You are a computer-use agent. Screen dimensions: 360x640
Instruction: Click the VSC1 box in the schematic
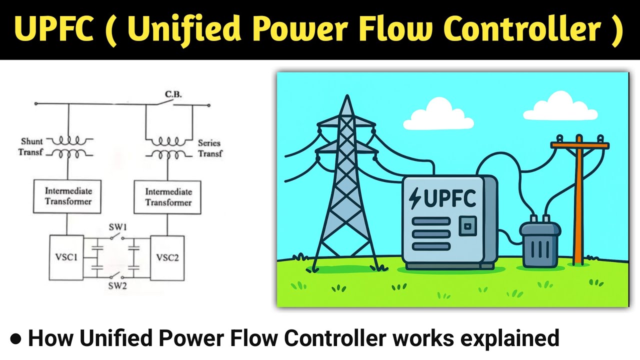point(66,257)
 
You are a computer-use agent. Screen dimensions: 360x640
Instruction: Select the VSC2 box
point(167,257)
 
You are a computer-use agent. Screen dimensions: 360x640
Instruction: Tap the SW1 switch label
point(118,227)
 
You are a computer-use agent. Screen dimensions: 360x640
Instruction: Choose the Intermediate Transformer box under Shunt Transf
point(68,196)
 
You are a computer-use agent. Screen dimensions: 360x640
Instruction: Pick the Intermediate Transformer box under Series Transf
point(168,197)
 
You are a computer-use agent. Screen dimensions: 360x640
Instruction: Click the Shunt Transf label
point(32,147)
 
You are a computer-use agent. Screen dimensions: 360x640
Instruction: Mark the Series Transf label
point(209,148)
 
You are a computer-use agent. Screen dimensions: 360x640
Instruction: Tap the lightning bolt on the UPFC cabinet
point(415,198)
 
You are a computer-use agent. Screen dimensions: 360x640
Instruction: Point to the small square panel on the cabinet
point(467,226)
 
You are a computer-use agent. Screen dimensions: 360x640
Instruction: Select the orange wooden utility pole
point(579,200)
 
